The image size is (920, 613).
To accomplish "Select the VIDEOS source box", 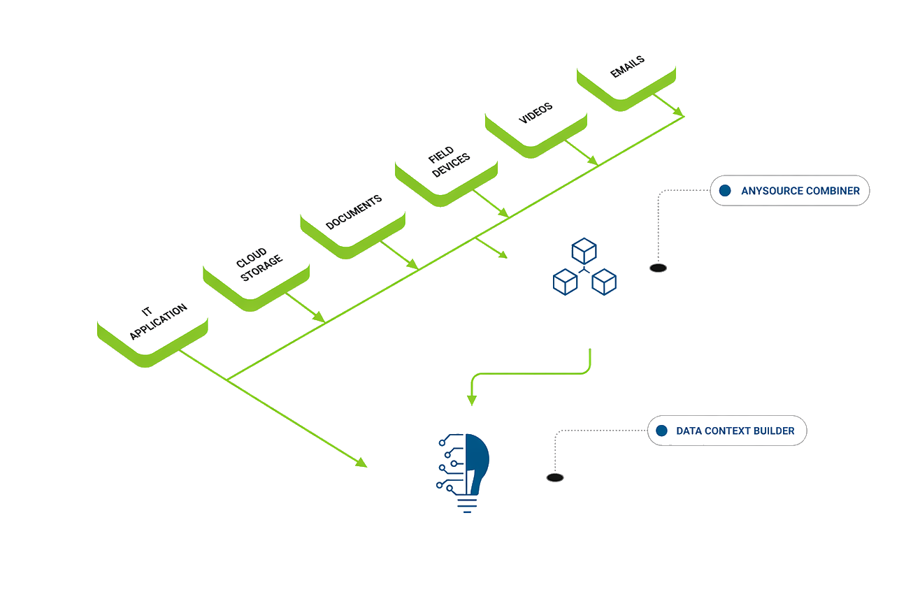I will pyautogui.click(x=536, y=112).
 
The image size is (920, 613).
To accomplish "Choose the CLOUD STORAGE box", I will pyautogui.click(x=256, y=261).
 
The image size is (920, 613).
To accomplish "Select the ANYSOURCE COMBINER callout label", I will pyautogui.click(x=790, y=190).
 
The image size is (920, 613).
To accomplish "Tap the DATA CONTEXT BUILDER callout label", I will pyautogui.click(x=727, y=431).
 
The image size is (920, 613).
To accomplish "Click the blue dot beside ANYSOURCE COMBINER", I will pyautogui.click(x=725, y=190).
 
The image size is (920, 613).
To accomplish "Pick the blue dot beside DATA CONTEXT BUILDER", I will pyautogui.click(x=661, y=431).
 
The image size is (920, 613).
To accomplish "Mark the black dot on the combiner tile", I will pyautogui.click(x=657, y=267).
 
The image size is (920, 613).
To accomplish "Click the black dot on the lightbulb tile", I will pyautogui.click(x=554, y=477).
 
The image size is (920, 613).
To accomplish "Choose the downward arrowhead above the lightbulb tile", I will pyautogui.click(x=472, y=401).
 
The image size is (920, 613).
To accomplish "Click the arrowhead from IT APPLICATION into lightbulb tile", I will pyautogui.click(x=361, y=463).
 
